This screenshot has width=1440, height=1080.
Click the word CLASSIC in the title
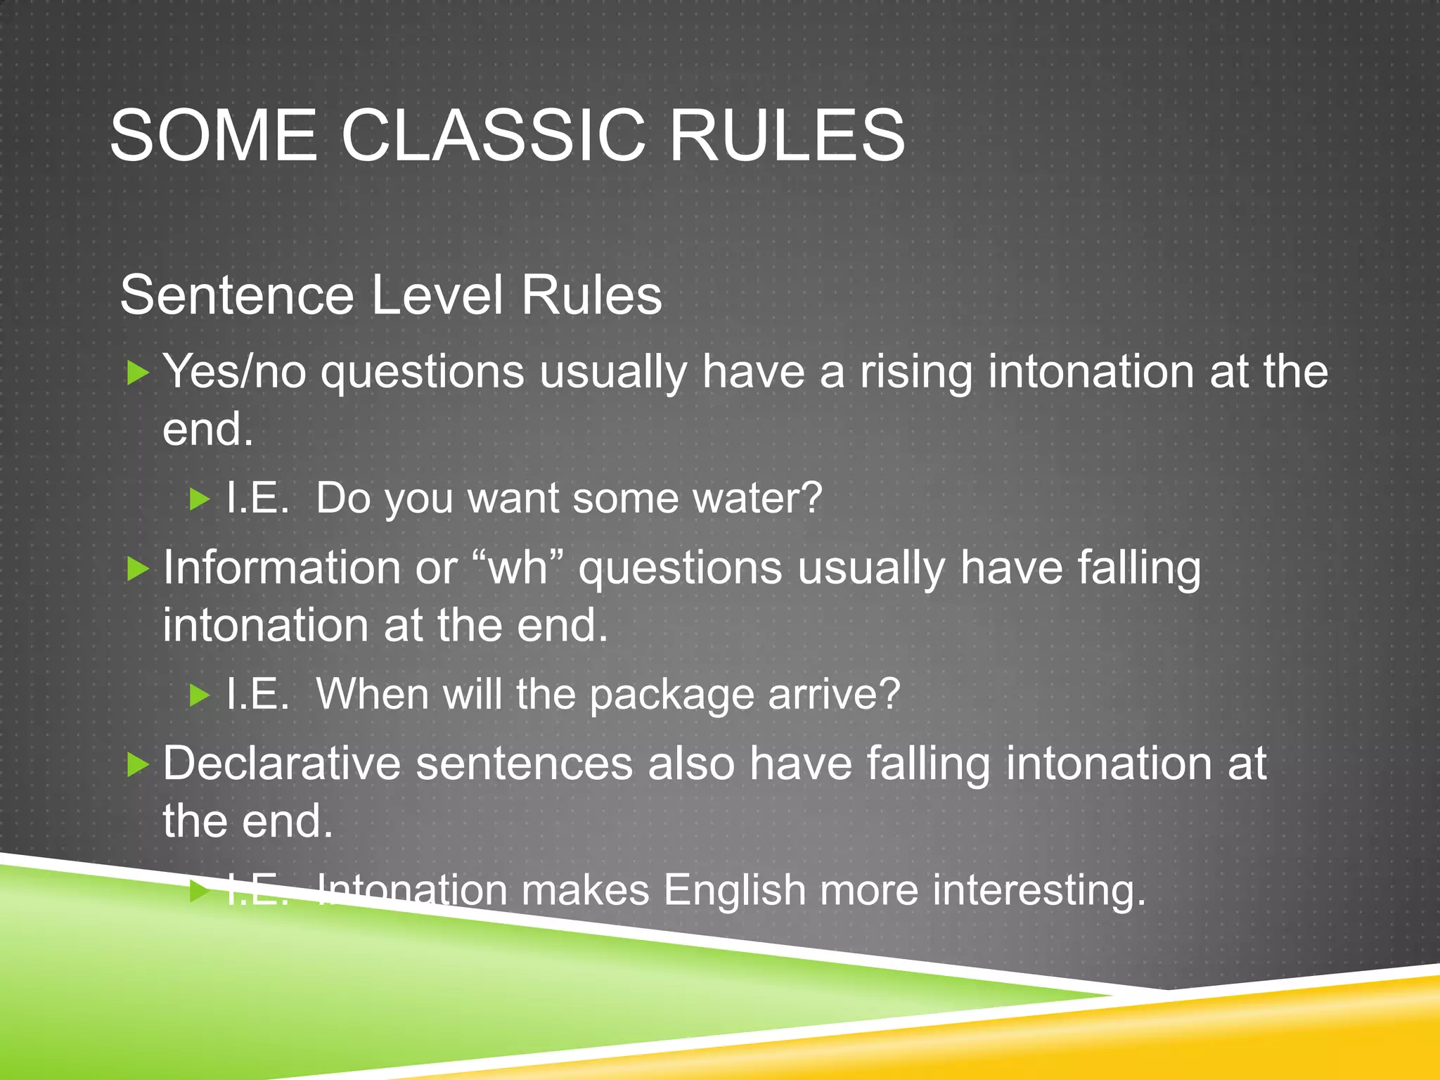point(493,135)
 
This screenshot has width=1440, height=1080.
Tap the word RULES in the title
point(787,135)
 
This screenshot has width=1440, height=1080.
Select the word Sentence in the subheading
point(237,295)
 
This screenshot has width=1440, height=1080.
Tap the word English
point(734,890)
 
